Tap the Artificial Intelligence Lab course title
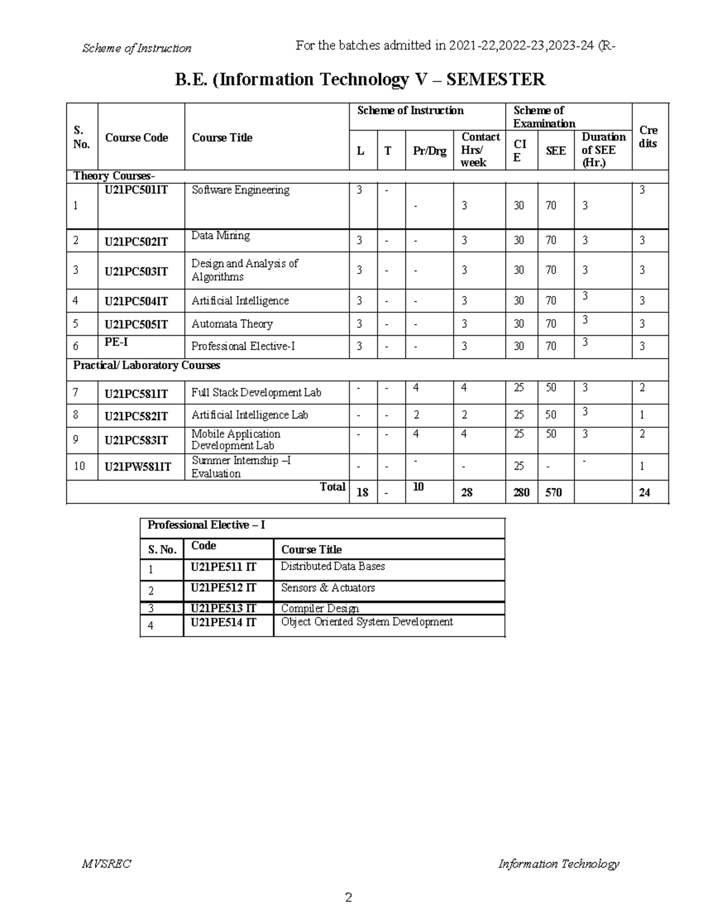250,415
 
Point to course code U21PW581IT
138,466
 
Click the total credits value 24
644,493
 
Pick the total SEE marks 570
553,493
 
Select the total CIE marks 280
521,493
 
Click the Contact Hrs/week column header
480,150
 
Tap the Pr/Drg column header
429,151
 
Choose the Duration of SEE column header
603,150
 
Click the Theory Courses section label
114,176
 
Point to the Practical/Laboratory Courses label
146,365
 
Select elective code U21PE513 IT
223,608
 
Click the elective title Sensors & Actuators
327,588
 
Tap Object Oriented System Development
367,622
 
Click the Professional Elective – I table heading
206,525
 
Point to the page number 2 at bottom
349,897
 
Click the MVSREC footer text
107,864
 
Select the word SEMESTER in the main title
496,79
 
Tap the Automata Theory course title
232,324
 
